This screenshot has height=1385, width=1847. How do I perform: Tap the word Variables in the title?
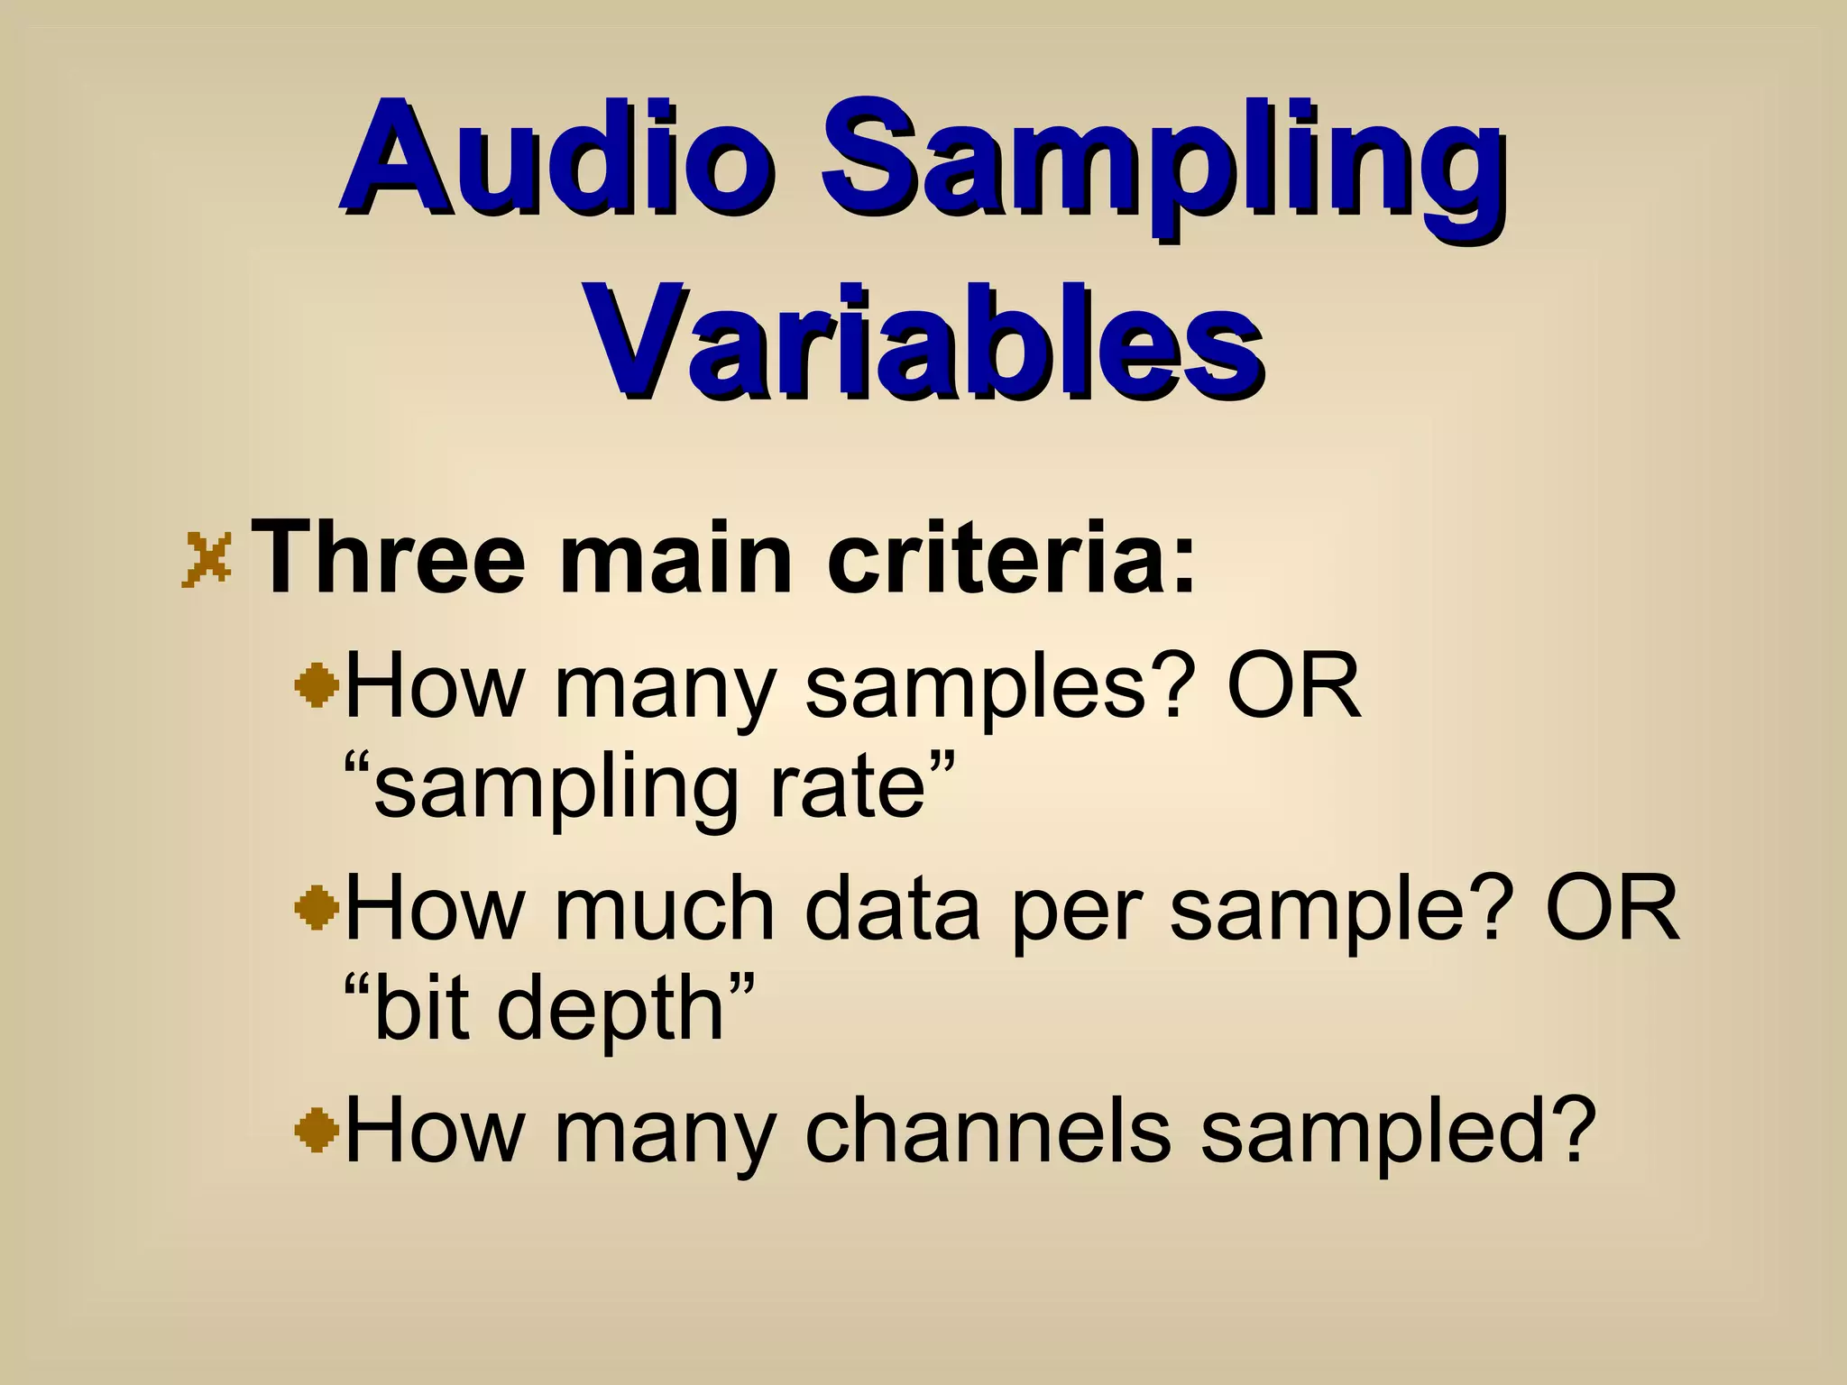[x=923, y=343]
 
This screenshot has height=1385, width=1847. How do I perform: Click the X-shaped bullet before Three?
[x=207, y=559]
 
